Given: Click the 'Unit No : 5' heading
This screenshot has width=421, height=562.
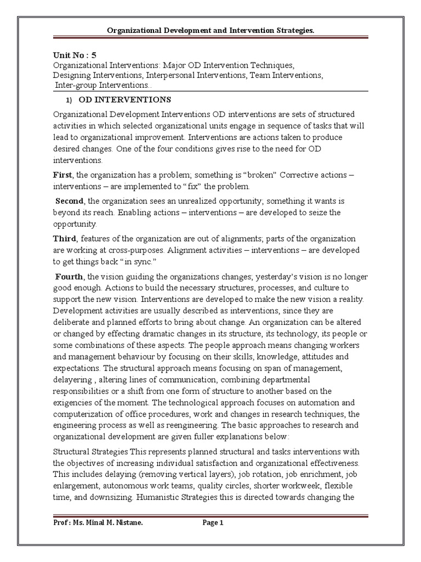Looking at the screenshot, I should tap(74, 55).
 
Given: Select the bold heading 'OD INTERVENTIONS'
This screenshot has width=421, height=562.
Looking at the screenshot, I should tap(125, 100).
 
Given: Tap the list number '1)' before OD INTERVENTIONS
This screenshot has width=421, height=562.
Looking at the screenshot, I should tap(69, 100).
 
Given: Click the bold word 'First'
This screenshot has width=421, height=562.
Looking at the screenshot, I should tap(62, 175).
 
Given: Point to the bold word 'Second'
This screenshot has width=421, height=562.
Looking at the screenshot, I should tap(69, 201).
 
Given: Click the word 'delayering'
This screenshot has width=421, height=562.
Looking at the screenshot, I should tap(75, 380).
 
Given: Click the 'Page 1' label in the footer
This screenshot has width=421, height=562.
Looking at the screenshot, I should tap(213, 523).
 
